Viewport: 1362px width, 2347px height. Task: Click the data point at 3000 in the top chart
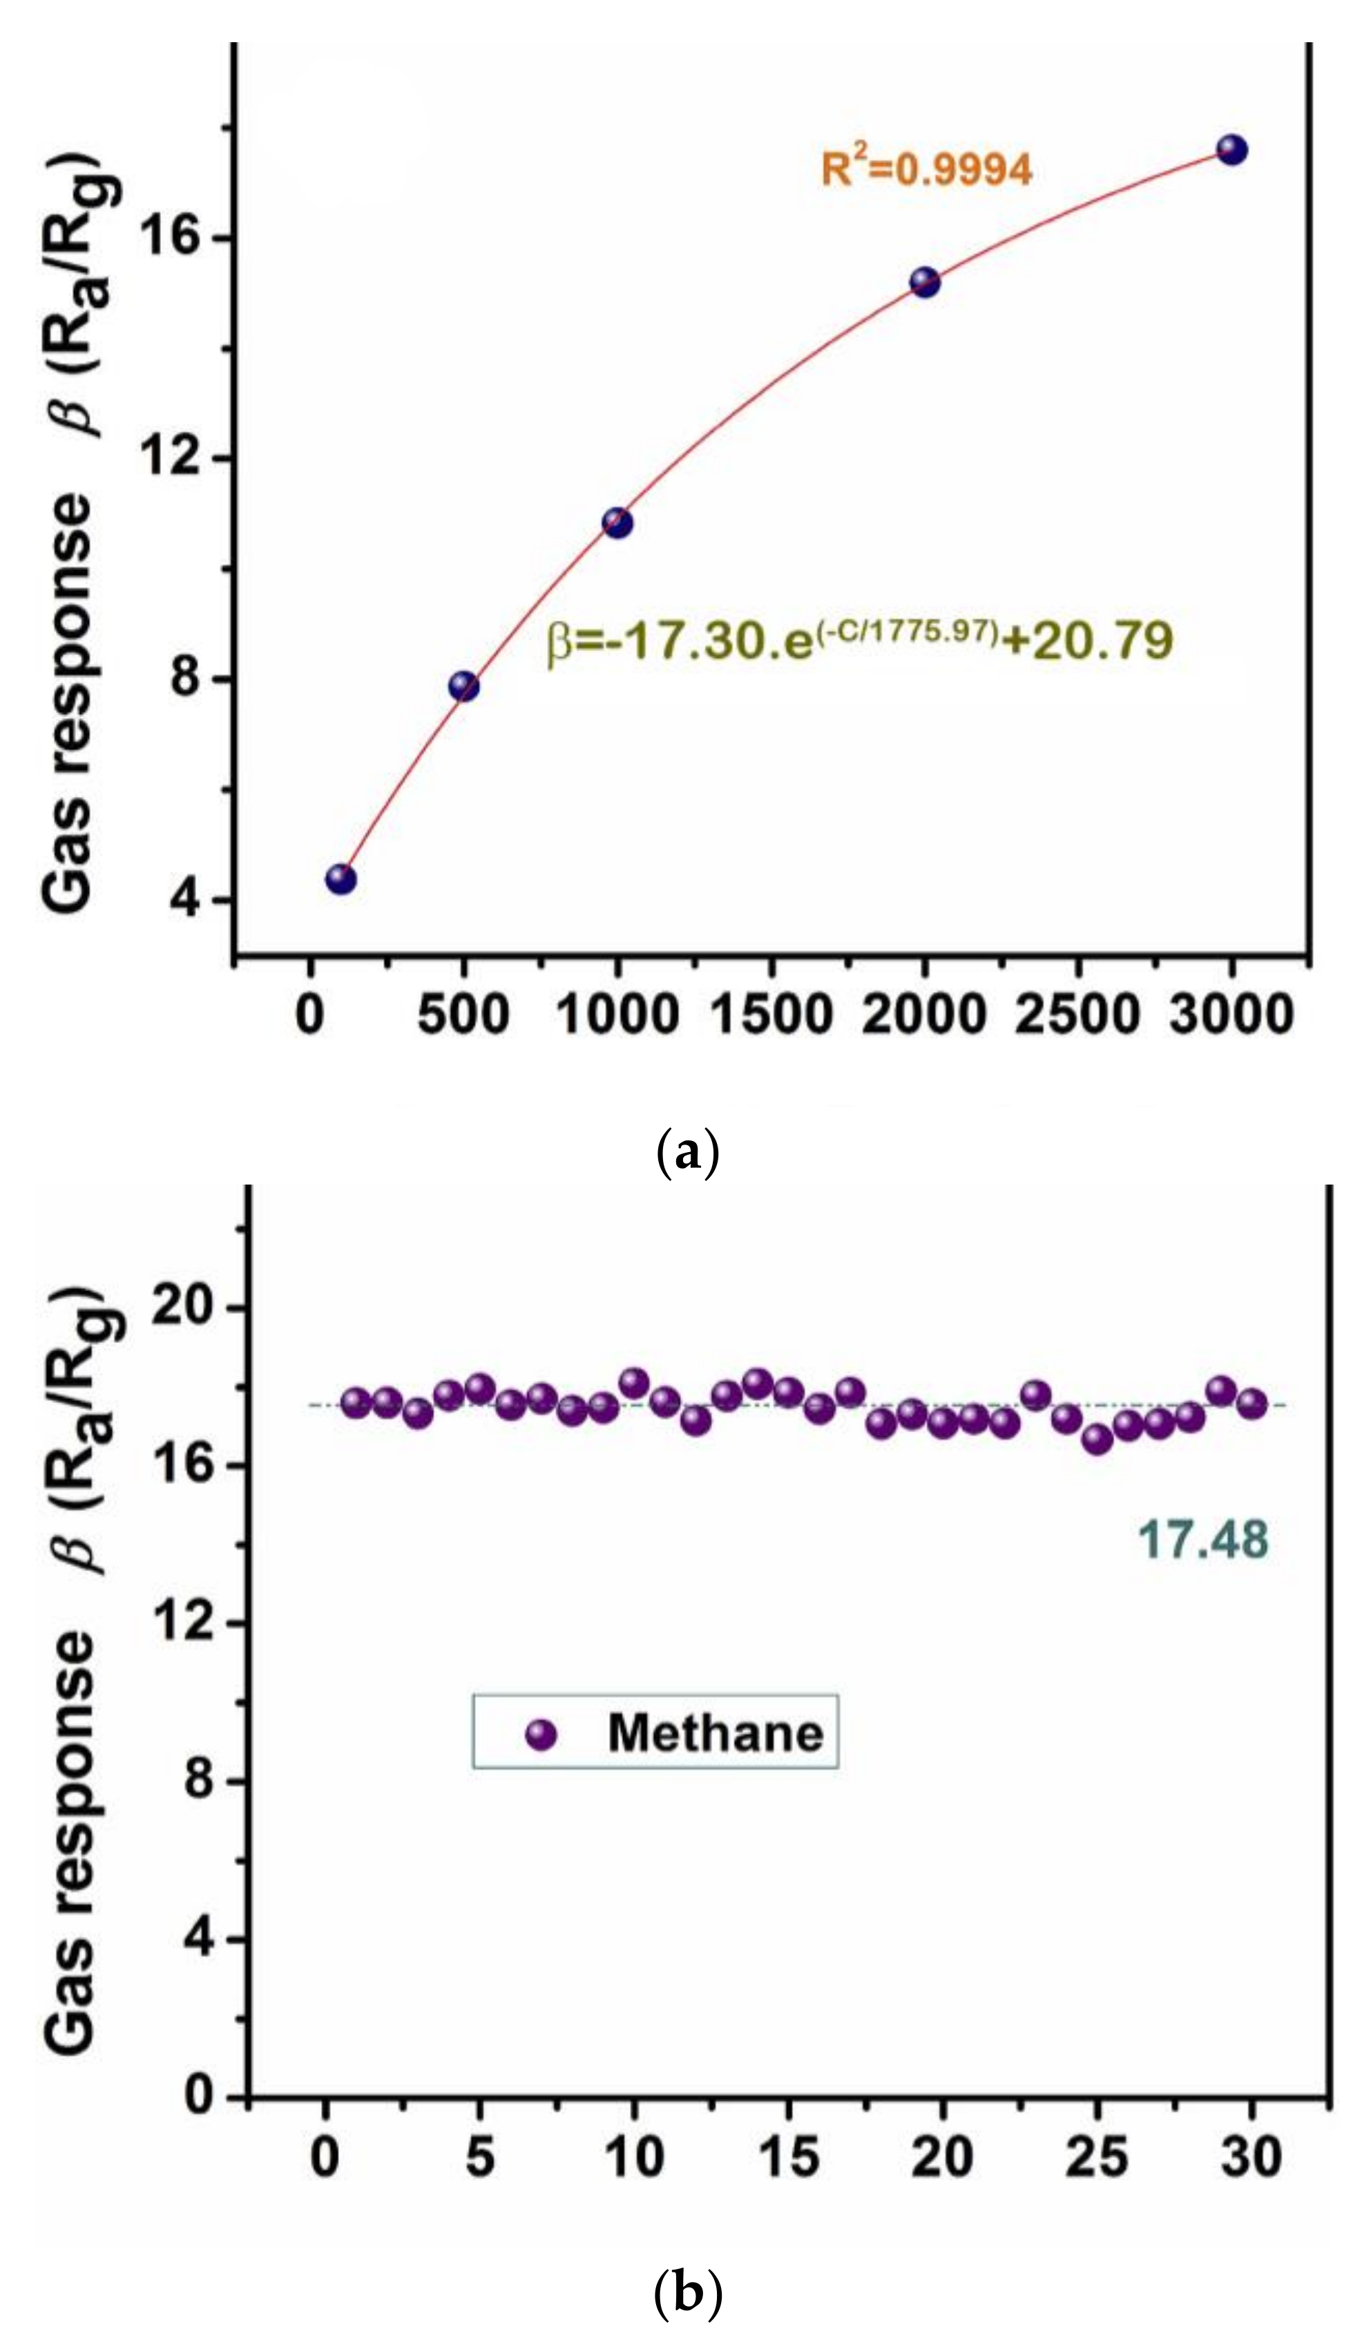point(1231,150)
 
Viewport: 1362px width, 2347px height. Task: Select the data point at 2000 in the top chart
point(924,282)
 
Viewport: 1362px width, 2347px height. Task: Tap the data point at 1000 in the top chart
point(616,523)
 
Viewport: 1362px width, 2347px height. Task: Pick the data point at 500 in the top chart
point(463,686)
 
